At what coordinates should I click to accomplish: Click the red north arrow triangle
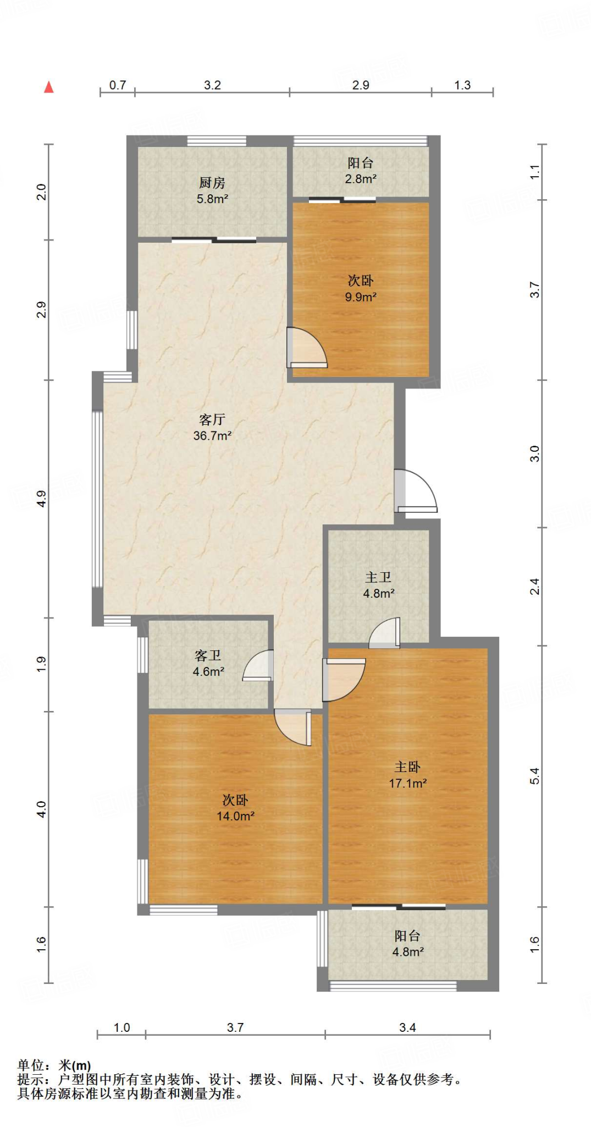point(49,87)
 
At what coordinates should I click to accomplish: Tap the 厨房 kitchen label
point(212,183)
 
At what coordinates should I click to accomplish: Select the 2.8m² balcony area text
point(361,179)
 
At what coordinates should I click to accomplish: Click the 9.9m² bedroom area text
point(361,297)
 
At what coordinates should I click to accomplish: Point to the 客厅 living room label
point(212,420)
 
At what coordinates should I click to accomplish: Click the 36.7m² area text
point(212,436)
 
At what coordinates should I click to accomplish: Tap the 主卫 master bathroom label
point(378,577)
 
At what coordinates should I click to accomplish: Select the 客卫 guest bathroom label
point(208,655)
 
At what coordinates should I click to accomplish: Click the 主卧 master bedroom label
point(407,767)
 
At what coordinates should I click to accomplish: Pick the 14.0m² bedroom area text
point(235,816)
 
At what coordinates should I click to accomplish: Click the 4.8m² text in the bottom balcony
point(407,952)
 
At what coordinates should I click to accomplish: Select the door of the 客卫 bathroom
point(258,666)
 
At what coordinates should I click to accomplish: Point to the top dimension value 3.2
point(212,85)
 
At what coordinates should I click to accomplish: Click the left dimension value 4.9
point(41,499)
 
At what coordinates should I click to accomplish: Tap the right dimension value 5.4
point(535,776)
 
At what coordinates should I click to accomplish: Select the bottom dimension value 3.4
point(407,1027)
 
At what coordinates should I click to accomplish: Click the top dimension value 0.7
point(117,85)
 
